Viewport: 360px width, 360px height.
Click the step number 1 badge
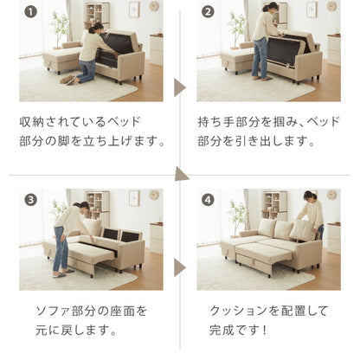pos(31,13)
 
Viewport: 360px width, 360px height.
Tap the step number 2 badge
pos(207,13)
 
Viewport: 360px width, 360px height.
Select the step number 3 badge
pos(31,199)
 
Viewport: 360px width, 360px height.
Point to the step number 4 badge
pos(207,199)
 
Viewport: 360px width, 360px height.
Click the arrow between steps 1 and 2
pos(180,87)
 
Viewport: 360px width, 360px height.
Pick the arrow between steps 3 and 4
pos(180,267)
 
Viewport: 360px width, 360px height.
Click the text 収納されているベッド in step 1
pos(79,119)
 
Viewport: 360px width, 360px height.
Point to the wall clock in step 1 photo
pos(153,6)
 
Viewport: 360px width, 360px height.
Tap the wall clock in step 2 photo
pos(331,6)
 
